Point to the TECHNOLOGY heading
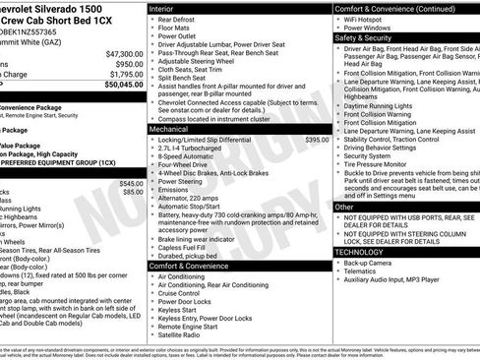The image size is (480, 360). click(360, 252)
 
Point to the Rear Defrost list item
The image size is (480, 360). click(178, 20)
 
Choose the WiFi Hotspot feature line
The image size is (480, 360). click(370, 20)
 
